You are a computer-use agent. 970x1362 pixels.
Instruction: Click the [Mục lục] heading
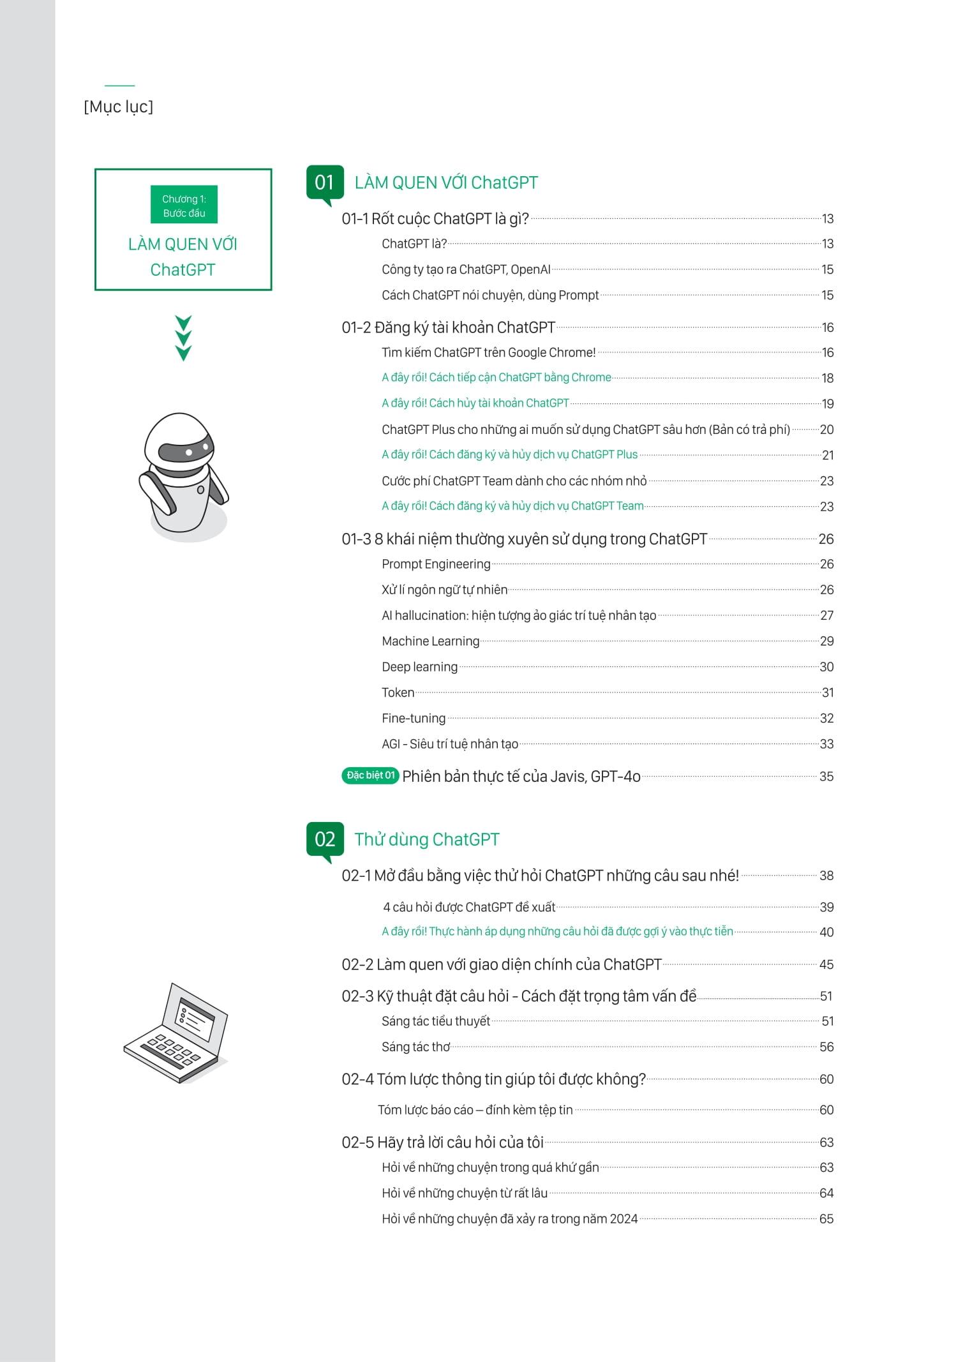(x=119, y=107)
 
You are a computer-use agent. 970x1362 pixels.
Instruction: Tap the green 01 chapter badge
(x=325, y=183)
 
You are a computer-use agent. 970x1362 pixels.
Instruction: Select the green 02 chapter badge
(x=325, y=839)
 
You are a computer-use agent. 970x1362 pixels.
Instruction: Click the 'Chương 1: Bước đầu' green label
(x=184, y=206)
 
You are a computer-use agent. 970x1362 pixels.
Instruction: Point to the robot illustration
(x=183, y=475)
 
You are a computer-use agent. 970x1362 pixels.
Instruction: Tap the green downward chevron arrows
(x=183, y=338)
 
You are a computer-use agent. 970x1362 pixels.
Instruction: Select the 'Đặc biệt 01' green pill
(x=370, y=775)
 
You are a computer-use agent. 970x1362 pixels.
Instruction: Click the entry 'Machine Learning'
(x=430, y=641)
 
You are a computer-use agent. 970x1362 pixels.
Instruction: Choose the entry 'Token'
(x=398, y=692)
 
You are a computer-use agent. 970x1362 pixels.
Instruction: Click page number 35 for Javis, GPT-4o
(x=826, y=777)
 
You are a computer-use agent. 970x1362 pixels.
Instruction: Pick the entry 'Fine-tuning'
(x=414, y=719)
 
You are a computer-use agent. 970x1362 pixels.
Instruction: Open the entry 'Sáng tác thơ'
(x=415, y=1047)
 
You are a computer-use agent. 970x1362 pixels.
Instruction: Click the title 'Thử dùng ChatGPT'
(x=426, y=840)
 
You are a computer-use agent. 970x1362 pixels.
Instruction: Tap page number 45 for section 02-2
(x=826, y=964)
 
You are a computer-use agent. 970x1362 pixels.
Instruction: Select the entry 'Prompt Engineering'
(x=436, y=564)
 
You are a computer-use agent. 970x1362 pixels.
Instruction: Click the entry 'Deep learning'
(x=419, y=667)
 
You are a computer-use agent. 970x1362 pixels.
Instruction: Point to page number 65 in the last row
(x=826, y=1219)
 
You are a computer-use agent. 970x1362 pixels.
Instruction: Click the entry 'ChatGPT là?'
(x=414, y=244)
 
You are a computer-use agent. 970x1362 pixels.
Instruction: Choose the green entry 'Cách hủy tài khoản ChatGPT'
(x=475, y=403)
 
